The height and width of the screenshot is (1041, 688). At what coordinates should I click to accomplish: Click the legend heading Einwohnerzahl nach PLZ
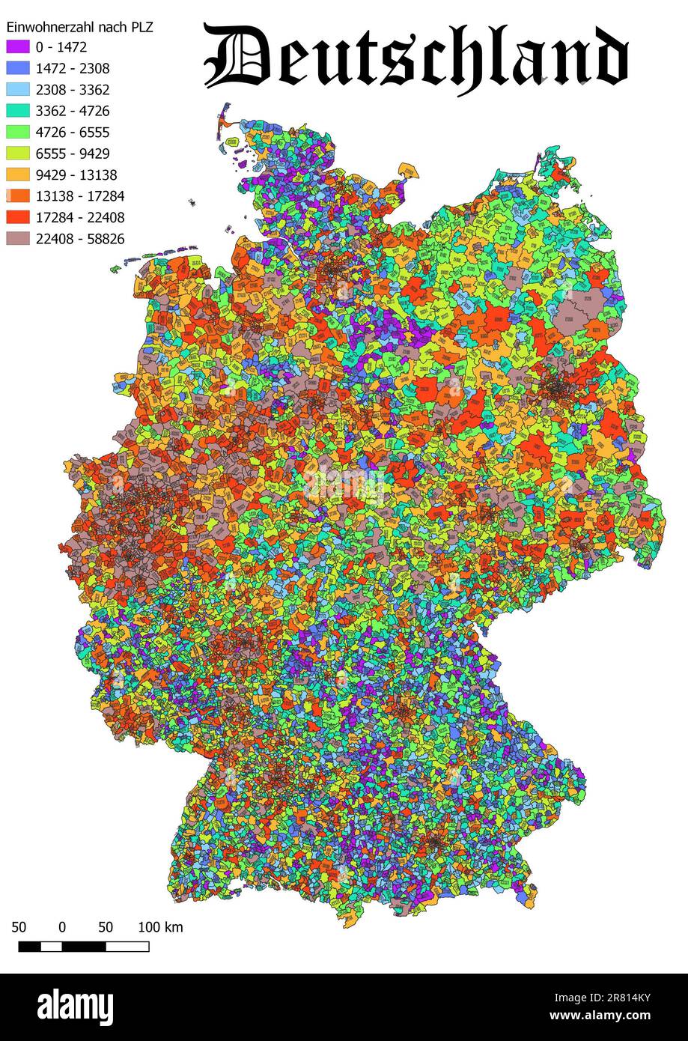(79, 27)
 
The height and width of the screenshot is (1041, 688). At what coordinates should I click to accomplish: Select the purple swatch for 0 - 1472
(18, 47)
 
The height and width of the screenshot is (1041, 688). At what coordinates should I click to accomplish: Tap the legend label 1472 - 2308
(72, 69)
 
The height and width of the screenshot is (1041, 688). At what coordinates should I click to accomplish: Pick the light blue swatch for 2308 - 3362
(18, 90)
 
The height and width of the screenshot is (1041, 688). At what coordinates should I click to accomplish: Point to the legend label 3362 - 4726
(72, 112)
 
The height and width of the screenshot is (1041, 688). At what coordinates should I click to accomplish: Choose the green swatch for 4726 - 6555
(18, 133)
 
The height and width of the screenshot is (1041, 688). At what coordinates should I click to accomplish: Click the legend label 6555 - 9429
(72, 154)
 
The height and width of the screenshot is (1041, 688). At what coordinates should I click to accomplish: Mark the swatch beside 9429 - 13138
(18, 175)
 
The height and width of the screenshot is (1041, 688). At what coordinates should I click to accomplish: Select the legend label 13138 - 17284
(79, 196)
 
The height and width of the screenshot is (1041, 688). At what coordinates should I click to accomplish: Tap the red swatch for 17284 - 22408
(18, 217)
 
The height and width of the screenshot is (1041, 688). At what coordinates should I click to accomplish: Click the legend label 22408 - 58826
(79, 239)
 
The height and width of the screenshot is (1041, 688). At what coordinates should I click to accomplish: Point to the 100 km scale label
(160, 927)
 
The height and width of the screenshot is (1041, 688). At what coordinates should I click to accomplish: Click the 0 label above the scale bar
(62, 927)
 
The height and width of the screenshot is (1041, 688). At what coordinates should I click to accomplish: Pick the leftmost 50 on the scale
(19, 927)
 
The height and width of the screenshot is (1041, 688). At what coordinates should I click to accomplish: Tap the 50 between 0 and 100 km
(105, 927)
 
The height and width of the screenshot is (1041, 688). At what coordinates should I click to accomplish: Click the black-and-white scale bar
(83, 947)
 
